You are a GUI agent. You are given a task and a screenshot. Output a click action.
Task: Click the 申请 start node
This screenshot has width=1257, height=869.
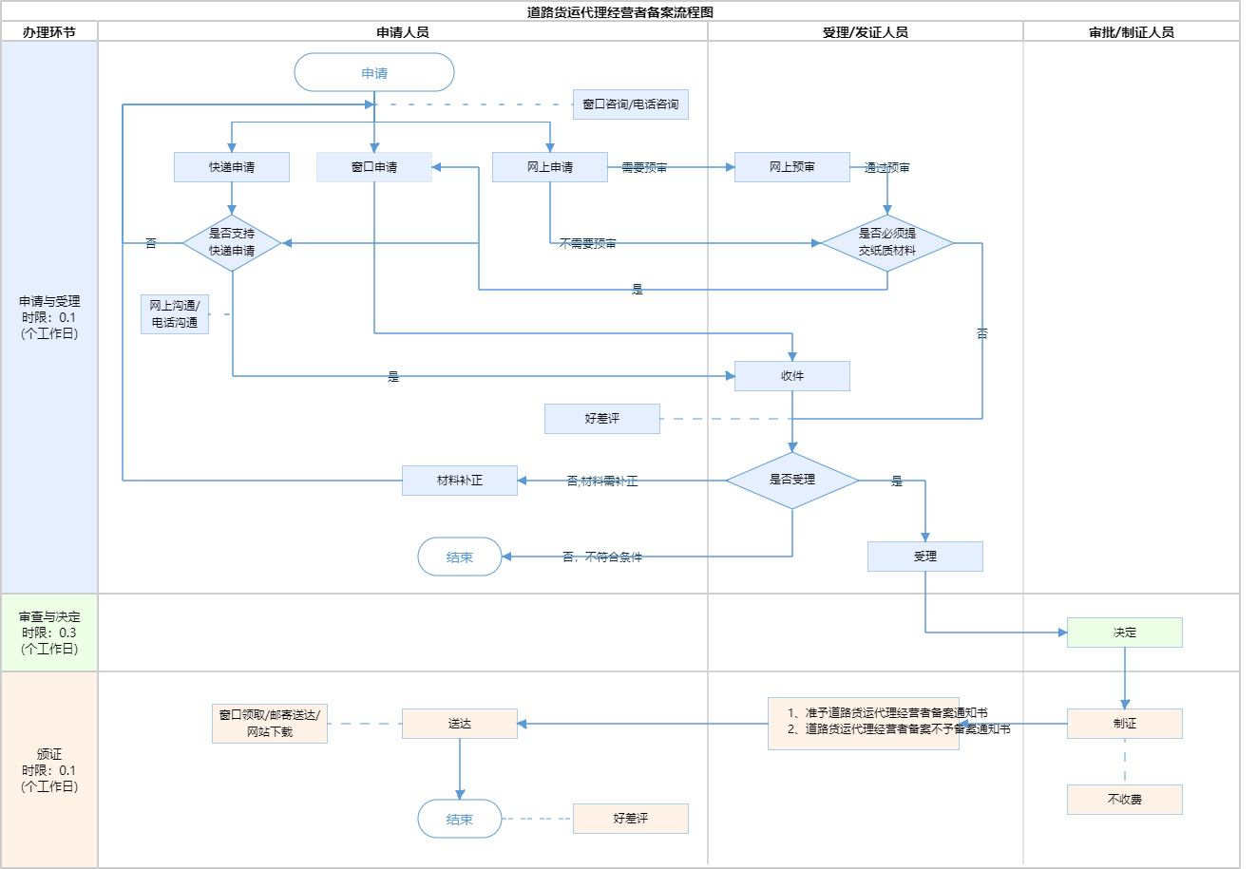[x=374, y=73]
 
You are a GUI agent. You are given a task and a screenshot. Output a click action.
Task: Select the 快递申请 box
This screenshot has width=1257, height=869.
[x=232, y=167]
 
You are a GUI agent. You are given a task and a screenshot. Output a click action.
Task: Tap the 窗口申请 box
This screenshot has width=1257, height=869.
[x=374, y=167]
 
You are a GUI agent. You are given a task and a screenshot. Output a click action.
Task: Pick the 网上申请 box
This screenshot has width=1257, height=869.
[x=550, y=167]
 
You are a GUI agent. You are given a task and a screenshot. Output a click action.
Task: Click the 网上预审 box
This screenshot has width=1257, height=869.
[x=792, y=167]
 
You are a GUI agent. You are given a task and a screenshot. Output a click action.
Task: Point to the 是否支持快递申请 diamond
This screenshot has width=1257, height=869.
[x=232, y=243]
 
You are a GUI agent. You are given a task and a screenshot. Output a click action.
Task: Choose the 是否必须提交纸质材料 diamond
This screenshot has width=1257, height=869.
[x=887, y=243]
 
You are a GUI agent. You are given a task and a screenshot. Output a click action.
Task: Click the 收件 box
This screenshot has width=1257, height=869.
[x=792, y=376]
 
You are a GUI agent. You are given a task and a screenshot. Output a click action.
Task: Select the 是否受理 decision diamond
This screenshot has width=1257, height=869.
[x=792, y=481]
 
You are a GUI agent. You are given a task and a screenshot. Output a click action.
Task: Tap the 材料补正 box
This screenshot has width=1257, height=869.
[x=460, y=481]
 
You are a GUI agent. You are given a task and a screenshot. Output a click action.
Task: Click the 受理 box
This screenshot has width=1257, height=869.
[x=925, y=557]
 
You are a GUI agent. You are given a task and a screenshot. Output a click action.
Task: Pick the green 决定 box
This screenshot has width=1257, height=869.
[x=1125, y=633]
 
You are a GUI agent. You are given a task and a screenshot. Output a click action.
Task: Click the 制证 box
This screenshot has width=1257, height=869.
[x=1125, y=724]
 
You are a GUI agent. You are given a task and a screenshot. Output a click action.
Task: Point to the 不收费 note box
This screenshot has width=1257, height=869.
[x=1125, y=800]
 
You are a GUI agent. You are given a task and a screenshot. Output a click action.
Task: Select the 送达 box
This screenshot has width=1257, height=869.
[x=460, y=724]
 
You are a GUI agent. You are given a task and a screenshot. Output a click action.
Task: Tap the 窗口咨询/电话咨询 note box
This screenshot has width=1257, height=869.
[x=631, y=104]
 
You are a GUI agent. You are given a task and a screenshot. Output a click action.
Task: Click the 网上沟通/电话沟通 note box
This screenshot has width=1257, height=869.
[x=175, y=314]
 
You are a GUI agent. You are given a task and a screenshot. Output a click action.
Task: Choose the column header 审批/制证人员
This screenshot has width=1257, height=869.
[x=1132, y=32]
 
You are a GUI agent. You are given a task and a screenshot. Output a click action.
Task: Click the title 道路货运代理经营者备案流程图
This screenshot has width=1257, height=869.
[x=620, y=12]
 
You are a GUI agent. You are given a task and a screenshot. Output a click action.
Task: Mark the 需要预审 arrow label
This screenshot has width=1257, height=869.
[x=644, y=168]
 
